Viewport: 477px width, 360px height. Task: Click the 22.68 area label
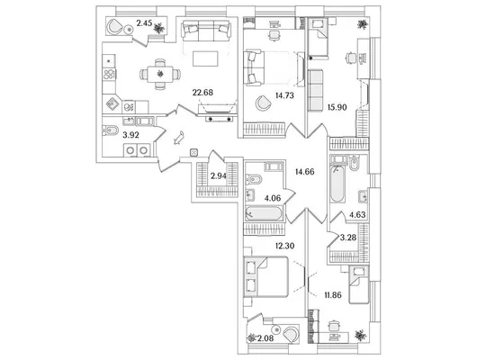[202, 92]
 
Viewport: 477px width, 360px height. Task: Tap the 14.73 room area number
[284, 95]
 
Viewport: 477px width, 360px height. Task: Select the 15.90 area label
[337, 107]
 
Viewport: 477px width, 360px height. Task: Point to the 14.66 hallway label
[304, 172]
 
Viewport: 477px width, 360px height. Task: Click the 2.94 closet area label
[219, 175]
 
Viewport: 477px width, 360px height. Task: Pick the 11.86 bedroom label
[333, 295]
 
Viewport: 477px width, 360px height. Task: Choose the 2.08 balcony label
[265, 337]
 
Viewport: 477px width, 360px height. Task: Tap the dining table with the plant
[160, 74]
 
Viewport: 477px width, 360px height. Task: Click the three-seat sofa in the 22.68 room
[206, 31]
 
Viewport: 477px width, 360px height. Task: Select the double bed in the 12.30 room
[265, 276]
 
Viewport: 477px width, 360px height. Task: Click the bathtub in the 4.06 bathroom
[264, 213]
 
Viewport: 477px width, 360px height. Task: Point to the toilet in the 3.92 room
[110, 130]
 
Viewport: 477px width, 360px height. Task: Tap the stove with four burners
[109, 75]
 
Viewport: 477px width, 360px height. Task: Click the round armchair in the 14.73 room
[262, 103]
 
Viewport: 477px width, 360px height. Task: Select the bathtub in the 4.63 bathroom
[337, 183]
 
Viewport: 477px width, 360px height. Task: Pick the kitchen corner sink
[112, 104]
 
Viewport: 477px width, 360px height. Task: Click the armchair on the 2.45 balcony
[114, 26]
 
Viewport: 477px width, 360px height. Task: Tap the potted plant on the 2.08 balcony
[252, 337]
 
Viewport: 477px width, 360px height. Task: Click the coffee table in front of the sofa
[205, 58]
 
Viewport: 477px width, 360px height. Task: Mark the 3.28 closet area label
[348, 238]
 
